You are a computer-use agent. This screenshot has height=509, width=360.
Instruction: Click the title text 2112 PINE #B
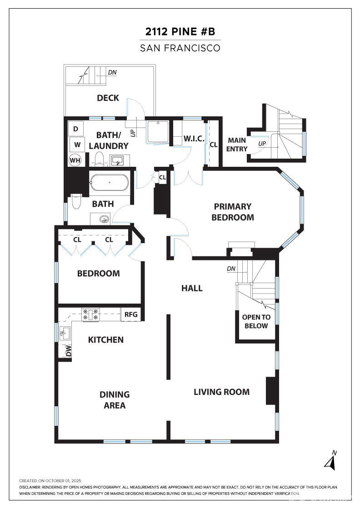tap(180, 31)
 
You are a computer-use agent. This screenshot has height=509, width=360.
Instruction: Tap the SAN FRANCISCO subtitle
tap(180, 48)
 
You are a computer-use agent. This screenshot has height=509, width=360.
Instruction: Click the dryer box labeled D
tap(75, 129)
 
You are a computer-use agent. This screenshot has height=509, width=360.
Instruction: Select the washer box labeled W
tap(77, 145)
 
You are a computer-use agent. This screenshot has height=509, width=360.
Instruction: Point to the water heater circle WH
tap(75, 160)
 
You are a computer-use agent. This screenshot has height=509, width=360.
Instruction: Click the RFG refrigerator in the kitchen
tap(131, 314)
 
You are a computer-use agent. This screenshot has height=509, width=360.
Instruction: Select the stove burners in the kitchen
tap(90, 314)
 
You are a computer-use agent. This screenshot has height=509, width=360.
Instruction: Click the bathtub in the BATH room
tap(110, 183)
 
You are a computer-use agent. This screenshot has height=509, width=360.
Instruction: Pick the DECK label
tap(108, 98)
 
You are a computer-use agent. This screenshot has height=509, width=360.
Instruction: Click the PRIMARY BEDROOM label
tap(233, 212)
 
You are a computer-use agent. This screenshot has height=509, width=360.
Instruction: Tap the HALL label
tap(192, 288)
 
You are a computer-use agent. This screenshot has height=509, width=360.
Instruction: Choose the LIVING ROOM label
tap(222, 392)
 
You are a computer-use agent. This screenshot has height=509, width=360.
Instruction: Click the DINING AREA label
tap(115, 400)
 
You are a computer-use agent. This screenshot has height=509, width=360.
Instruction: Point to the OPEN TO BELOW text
tap(256, 321)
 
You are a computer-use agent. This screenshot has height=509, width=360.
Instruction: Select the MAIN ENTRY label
tap(237, 145)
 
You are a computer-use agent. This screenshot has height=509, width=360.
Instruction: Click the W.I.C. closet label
tap(194, 139)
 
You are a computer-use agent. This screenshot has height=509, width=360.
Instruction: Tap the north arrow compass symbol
tap(330, 461)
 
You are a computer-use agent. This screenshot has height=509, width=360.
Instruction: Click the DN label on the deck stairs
tap(112, 72)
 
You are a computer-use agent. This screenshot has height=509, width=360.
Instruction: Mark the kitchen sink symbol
tap(65, 333)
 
